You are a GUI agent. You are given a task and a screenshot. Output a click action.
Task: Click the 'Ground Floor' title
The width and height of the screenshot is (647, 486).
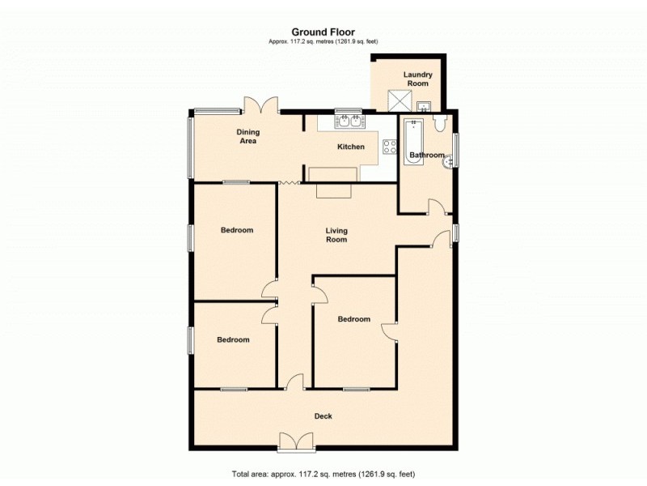(x=323, y=32)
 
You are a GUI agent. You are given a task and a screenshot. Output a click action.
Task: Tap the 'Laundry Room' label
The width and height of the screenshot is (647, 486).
(x=418, y=79)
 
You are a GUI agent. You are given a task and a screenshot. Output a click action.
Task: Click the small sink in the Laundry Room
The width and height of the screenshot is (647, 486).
(x=424, y=106)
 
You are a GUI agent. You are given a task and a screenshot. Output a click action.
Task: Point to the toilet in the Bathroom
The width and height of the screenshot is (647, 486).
(x=439, y=122)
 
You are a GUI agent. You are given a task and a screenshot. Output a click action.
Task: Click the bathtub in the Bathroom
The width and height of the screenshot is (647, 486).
(x=412, y=142)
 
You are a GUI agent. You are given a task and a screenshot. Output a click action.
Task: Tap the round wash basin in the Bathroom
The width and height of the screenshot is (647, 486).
(x=447, y=163)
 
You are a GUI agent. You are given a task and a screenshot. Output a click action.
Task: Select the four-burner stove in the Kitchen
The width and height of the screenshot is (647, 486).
(x=388, y=147)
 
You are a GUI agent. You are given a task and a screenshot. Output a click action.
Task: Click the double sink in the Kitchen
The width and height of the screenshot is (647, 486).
(x=349, y=122)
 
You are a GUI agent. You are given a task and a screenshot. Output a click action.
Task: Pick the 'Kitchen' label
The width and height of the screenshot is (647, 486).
(x=350, y=147)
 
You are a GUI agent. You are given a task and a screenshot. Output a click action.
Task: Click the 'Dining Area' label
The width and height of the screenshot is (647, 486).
(x=247, y=136)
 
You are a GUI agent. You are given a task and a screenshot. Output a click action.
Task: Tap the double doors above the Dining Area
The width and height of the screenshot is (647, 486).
(x=261, y=105)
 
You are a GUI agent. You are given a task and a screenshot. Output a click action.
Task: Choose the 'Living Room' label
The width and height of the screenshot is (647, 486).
(x=336, y=234)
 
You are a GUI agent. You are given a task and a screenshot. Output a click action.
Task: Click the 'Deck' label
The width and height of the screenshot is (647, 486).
(x=323, y=416)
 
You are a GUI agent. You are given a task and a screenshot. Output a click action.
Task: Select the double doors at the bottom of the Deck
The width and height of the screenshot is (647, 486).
(x=294, y=441)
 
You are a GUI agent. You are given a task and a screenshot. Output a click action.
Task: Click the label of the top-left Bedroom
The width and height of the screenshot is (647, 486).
(x=237, y=230)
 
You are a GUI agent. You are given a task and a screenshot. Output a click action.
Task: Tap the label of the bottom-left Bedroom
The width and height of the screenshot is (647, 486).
(x=233, y=339)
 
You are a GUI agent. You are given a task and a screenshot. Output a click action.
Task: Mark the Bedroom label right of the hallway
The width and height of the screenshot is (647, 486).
(x=354, y=319)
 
